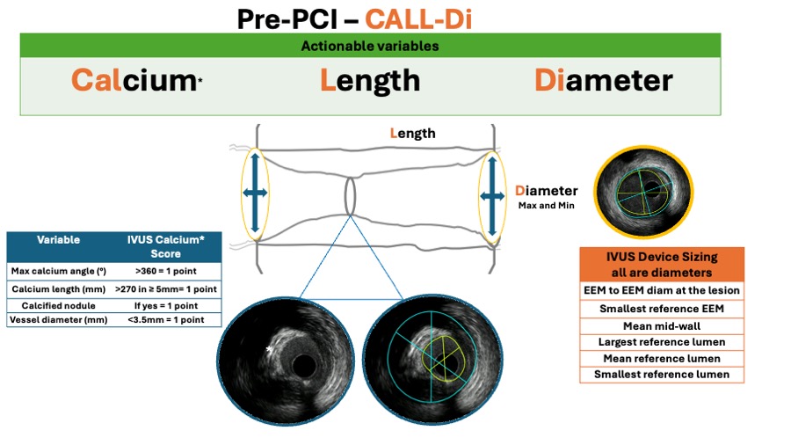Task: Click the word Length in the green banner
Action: coord(369,81)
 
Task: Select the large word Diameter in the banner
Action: coord(603,81)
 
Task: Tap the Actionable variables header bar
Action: coord(370,46)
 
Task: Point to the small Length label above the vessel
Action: coord(412,134)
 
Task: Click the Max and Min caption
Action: coord(546,205)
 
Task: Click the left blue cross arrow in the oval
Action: coord(256,193)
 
